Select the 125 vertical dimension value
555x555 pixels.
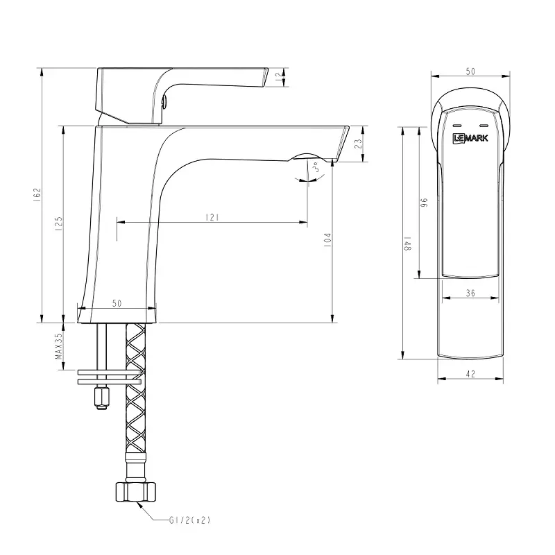coord(59,223)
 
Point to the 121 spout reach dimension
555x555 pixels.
coord(212,217)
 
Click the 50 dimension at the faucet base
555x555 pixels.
coord(117,304)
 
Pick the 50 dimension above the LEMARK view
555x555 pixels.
coord(470,71)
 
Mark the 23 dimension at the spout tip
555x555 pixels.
coord(358,144)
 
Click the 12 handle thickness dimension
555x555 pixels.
coord(279,78)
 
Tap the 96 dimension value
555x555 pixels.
coord(425,203)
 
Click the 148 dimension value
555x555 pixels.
coord(409,244)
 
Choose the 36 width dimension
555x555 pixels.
coord(470,293)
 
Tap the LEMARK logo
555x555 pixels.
coord(470,138)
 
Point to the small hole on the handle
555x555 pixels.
coord(165,104)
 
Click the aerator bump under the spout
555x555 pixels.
coord(305,157)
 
